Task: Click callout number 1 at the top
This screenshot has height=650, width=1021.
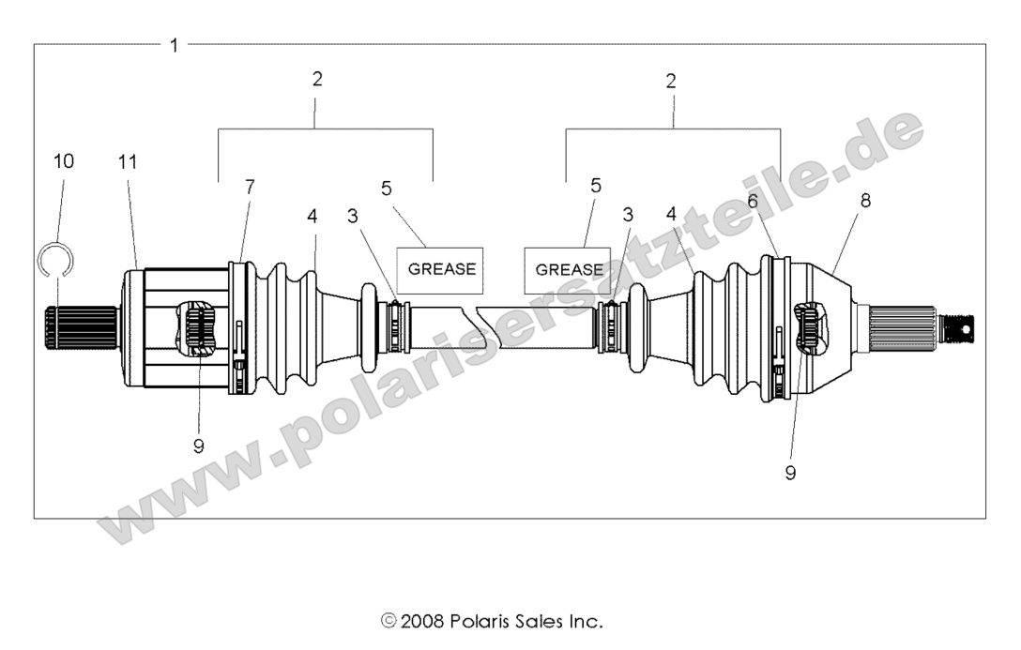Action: click(174, 45)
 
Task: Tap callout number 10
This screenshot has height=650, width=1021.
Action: click(63, 161)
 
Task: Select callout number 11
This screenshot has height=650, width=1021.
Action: click(128, 161)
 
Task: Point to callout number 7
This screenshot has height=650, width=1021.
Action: click(250, 187)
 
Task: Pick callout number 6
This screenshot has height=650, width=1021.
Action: click(752, 200)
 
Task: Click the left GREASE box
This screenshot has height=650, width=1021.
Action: click(441, 269)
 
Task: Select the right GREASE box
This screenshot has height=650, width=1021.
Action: click(570, 269)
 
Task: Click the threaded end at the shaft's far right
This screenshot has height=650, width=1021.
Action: click(958, 327)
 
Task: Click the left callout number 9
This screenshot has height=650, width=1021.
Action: click(198, 446)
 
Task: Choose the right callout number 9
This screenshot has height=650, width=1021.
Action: click(790, 473)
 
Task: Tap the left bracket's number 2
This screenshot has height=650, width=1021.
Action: click(317, 80)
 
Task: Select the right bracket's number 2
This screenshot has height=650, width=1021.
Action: click(671, 81)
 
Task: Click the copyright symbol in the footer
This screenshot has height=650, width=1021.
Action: click(389, 621)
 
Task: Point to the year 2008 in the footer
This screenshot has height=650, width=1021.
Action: click(423, 621)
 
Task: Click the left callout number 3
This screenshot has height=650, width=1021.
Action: click(352, 217)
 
